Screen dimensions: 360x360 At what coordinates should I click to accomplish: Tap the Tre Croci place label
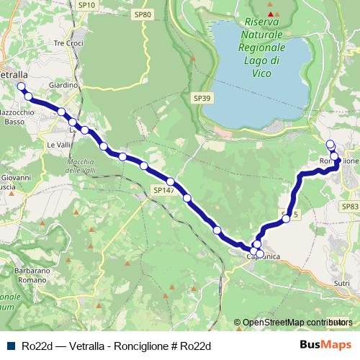pyautogui.click(x=70, y=43)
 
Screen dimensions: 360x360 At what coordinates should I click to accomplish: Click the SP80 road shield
pyautogui.click(x=143, y=14)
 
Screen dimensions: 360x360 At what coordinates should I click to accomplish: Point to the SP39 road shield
pyautogui.click(x=202, y=96)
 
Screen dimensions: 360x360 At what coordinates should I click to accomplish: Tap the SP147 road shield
pyautogui.click(x=163, y=190)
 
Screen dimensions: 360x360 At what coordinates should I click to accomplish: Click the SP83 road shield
pyautogui.click(x=351, y=206)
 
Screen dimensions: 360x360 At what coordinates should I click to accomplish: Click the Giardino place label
pyautogui.click(x=63, y=84)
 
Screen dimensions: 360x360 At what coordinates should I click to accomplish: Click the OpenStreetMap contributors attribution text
pyautogui.click(x=297, y=323)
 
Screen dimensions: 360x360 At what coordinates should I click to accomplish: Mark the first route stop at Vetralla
pyautogui.click(x=20, y=86)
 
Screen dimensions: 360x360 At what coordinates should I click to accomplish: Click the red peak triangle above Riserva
pyautogui.click(x=271, y=14)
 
